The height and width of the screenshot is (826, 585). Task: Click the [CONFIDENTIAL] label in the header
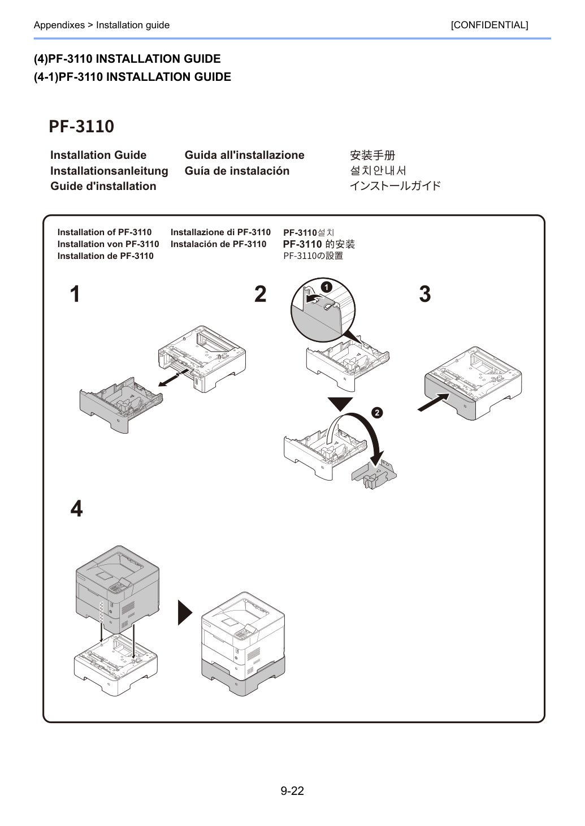tap(489, 25)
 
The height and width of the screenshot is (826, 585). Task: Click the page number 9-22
tap(292, 790)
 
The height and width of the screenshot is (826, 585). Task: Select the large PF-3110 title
tap(81, 126)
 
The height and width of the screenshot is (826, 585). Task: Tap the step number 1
tap(75, 294)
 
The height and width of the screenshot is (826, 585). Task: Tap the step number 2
tap(260, 294)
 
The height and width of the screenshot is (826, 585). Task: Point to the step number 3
tap(424, 294)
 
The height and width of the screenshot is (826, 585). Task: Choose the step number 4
tap(76, 509)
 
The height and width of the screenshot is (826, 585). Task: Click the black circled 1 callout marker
tap(327, 287)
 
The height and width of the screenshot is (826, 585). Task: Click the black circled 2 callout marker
tap(377, 413)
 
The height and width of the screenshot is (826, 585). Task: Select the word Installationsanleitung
tap(109, 171)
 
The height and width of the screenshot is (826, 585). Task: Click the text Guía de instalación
tap(237, 171)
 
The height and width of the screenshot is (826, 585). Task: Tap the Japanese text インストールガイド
tap(395, 185)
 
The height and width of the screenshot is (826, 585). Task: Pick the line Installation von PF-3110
tap(108, 244)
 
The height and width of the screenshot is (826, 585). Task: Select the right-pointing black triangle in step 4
tap(185, 612)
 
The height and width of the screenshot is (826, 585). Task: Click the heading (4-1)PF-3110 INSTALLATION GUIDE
tap(132, 77)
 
